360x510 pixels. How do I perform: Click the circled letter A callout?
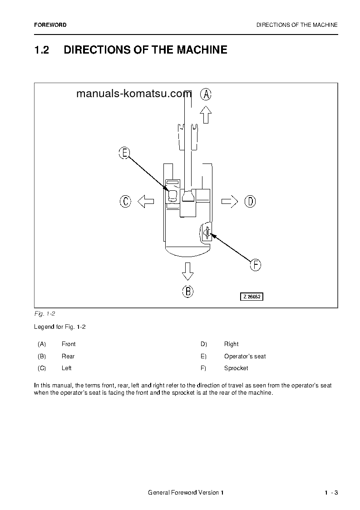point(206,94)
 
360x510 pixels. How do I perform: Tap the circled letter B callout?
point(187,291)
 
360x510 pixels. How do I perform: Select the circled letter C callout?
point(125,201)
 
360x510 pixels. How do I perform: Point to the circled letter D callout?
point(250,201)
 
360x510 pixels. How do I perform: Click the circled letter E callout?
point(124,153)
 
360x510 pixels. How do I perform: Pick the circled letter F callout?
point(256,265)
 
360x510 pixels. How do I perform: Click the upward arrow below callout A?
point(206,114)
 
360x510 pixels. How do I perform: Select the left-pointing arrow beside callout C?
point(146,201)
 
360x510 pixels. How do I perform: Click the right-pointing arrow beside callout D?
point(230,201)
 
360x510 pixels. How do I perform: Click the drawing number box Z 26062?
point(252,297)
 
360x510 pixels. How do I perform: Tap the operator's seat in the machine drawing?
point(173,196)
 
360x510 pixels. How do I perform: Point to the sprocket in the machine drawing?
point(207,233)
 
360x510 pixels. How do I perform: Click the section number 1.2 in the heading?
point(41,50)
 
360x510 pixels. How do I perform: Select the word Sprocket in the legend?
point(236,368)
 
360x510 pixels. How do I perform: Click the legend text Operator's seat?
point(245,357)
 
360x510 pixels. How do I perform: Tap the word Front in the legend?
point(69,344)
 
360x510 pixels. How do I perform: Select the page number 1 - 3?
point(331,493)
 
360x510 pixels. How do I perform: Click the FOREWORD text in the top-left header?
point(50,25)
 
